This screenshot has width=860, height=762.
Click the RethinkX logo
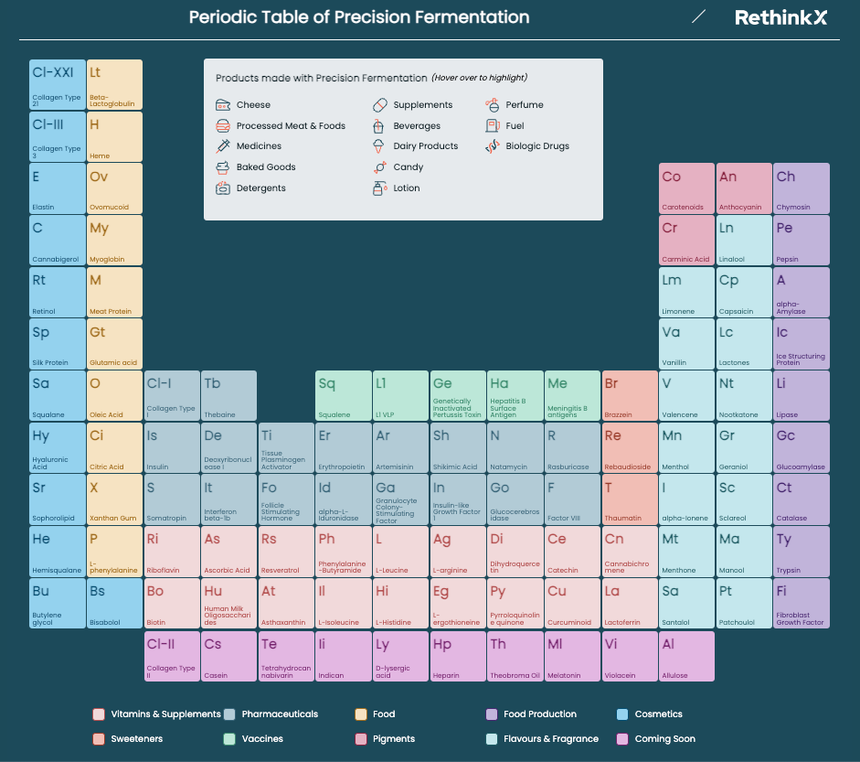click(780, 17)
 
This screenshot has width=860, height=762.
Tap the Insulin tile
click(171, 447)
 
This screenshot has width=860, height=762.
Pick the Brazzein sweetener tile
click(630, 395)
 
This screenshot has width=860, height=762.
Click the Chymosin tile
click(802, 188)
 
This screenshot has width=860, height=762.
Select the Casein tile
click(228, 656)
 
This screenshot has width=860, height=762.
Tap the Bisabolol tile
click(114, 603)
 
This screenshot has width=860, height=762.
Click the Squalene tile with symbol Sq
click(343, 395)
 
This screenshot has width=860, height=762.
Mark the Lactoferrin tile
click(630, 603)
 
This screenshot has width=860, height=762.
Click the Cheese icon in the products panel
click(223, 105)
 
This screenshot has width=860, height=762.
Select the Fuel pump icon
click(493, 125)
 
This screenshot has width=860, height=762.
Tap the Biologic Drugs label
click(537, 146)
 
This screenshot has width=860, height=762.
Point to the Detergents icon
click(223, 188)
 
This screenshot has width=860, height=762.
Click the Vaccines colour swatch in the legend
click(228, 738)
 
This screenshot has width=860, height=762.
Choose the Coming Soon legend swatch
click(622, 738)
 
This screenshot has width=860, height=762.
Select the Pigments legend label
click(394, 738)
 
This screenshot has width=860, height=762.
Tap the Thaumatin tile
click(630, 499)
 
